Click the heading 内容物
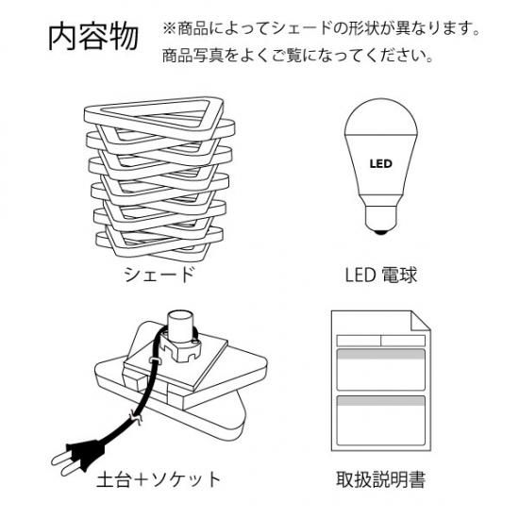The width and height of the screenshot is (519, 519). coord(93,36)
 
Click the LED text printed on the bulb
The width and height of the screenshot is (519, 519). coord(380,163)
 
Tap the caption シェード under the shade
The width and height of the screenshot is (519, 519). coord(159,275)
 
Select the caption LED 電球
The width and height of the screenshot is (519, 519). coord(380,275)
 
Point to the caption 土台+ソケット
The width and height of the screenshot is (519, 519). coord(159,479)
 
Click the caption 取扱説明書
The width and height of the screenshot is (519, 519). coord(380,479)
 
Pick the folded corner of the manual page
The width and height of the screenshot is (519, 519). coord(420,321)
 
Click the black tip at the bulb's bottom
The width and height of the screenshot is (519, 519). coord(380,232)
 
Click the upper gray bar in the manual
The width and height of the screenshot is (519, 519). coord(380,355)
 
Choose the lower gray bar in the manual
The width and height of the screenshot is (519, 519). coord(380,401)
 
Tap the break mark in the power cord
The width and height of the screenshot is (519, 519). coord(137,418)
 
